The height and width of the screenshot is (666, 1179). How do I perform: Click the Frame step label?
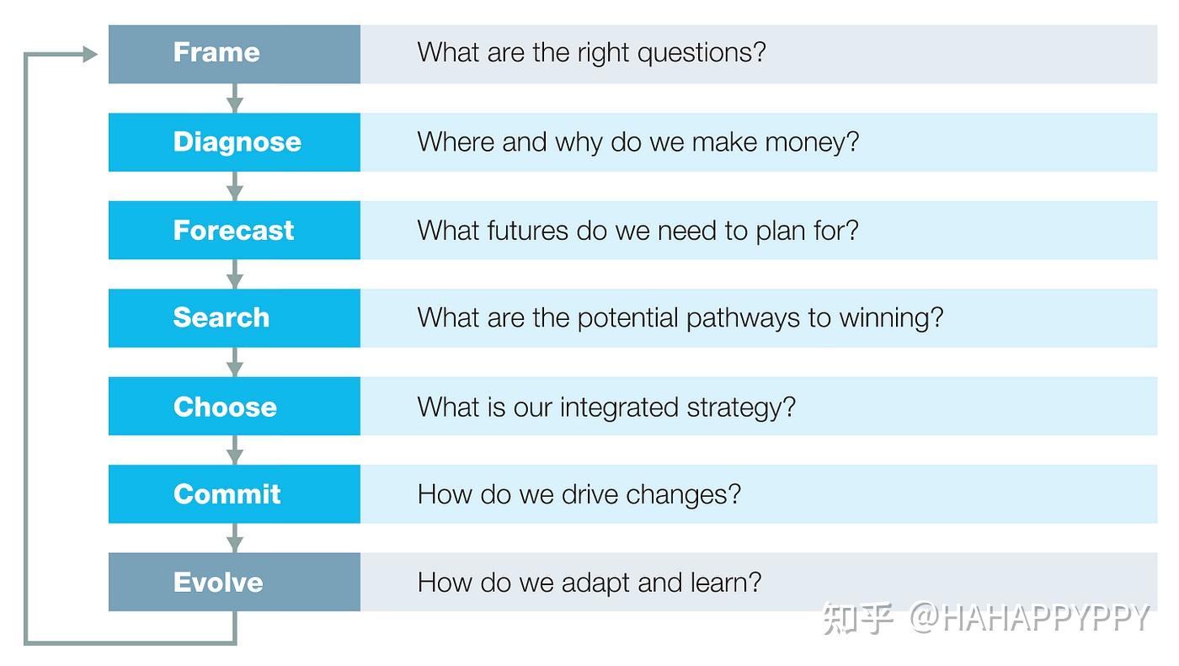coord(216,52)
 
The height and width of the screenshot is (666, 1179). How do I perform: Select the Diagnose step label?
coord(237,142)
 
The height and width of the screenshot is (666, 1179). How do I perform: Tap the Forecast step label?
coord(234,231)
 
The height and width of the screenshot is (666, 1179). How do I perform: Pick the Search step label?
coord(221,317)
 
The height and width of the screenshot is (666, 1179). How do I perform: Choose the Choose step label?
coord(226,407)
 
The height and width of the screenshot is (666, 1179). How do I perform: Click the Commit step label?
coord(227,494)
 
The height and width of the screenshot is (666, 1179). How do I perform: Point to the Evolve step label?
coord(218,583)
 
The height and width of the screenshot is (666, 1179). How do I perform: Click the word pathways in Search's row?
coord(743,319)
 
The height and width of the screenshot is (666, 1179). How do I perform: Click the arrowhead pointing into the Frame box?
coord(90,54)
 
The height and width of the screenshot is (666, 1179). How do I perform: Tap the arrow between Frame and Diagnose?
coord(235,99)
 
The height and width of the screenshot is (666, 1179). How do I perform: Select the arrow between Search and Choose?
coord(235,362)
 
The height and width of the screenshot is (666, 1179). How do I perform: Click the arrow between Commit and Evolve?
coord(235,538)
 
